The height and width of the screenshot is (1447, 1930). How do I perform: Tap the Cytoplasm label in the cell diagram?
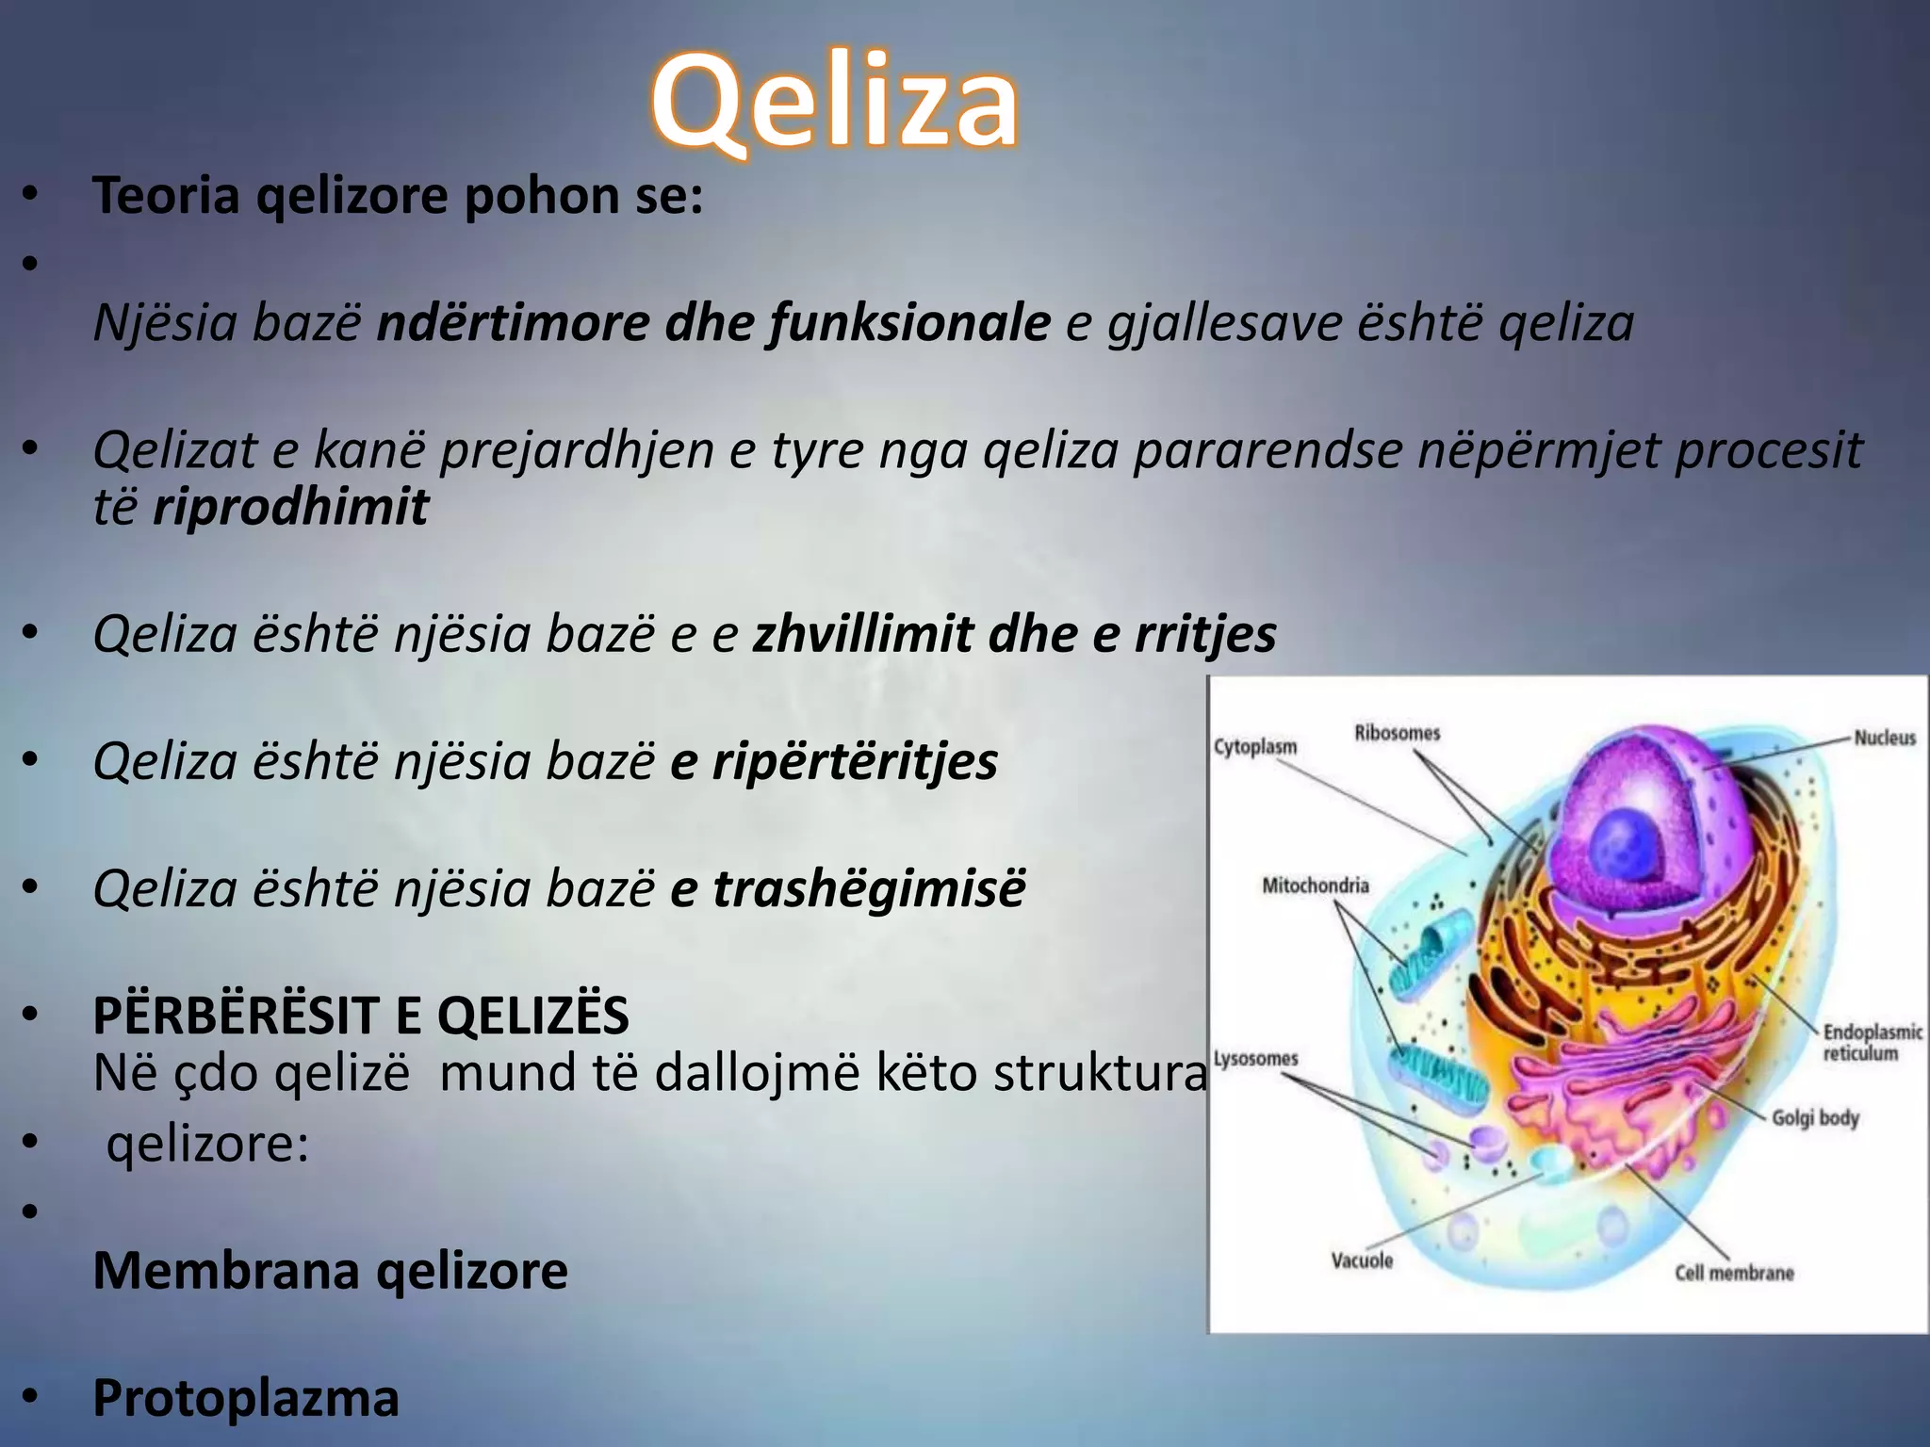[1255, 747]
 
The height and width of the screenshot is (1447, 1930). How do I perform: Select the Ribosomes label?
[1398, 733]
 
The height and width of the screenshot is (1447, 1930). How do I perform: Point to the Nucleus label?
[1885, 738]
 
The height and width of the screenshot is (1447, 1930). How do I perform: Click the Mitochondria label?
[1316, 886]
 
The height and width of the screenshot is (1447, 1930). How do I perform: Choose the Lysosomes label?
[1255, 1059]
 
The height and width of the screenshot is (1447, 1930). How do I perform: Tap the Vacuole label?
[1362, 1260]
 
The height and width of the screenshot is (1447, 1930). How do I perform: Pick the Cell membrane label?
[1734, 1273]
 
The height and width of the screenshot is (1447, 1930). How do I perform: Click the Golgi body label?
[1815, 1118]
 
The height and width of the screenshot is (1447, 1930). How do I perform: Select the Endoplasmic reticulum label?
[1872, 1043]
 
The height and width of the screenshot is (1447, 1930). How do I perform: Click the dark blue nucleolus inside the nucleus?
[1627, 841]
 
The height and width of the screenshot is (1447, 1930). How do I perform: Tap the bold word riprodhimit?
[290, 507]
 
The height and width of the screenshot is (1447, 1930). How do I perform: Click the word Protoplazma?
[246, 1398]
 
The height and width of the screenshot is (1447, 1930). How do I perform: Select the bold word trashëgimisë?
[868, 888]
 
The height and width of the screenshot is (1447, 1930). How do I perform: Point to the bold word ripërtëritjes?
[854, 761]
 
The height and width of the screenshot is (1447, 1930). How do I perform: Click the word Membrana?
[226, 1270]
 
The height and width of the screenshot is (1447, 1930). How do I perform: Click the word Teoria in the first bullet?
[166, 196]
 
